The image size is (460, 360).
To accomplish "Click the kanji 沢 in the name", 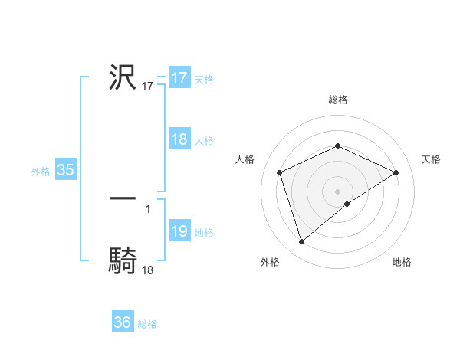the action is click(123, 77).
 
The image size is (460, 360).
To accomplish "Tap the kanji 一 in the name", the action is click(123, 198).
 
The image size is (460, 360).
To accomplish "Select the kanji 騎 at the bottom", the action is click(123, 261).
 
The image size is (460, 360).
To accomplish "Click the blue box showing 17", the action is click(179, 78).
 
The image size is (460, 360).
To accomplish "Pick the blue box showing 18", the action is click(179, 140).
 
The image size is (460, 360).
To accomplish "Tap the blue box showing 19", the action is click(179, 232).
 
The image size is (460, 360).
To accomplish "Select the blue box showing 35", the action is click(65, 170).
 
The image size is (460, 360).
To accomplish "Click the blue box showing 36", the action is click(123, 322).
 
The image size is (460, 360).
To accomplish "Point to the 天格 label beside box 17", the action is click(204, 79).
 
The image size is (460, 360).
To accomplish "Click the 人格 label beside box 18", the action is click(204, 141).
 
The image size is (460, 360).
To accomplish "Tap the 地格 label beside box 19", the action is click(204, 233).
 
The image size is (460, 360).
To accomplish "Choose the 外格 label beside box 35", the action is click(41, 172).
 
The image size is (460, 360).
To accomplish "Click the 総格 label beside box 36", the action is click(147, 324).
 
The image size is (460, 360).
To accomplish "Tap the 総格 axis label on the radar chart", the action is click(337, 100).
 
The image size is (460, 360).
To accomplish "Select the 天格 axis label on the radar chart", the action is click(432, 159).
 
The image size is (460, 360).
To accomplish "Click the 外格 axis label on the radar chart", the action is click(270, 263).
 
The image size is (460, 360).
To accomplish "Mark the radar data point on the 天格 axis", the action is click(396, 172).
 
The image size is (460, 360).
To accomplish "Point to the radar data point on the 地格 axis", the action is click(347, 204).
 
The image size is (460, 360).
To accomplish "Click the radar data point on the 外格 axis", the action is click(301, 242).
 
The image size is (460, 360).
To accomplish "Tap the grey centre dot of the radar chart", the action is click(337, 191).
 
